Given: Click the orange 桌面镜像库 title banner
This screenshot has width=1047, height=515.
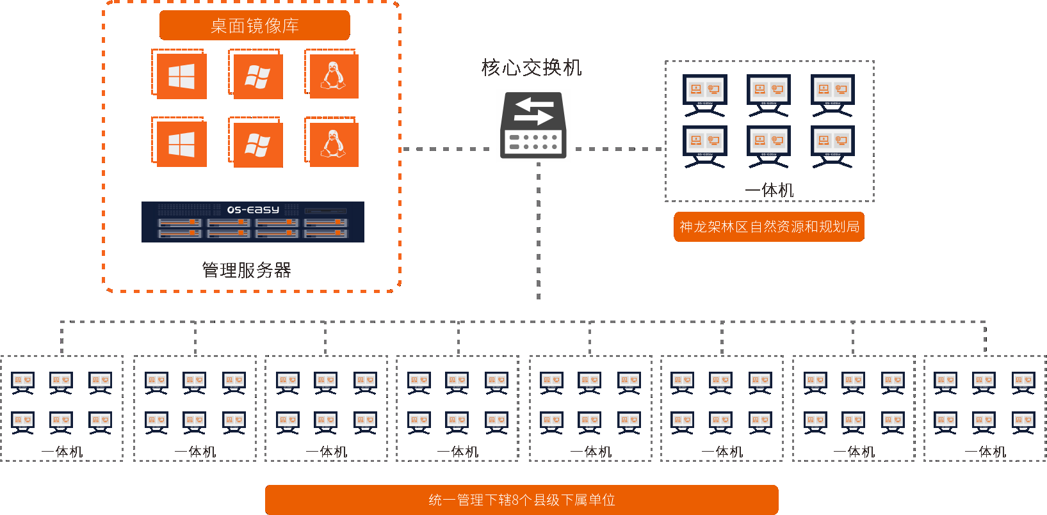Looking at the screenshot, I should click(254, 26).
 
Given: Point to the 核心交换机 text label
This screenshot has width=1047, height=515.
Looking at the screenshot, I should click(532, 67).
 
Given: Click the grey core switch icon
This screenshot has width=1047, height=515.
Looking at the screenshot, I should click(533, 125).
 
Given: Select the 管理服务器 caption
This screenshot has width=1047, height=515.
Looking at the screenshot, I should click(247, 270).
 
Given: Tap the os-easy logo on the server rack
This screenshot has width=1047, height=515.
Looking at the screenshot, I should click(253, 210).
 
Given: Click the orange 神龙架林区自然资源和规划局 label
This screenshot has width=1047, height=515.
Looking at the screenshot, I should click(768, 227).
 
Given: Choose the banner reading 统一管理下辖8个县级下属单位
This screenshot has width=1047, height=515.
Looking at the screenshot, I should click(521, 500).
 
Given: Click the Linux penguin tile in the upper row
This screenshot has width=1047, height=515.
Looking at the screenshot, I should click(333, 75).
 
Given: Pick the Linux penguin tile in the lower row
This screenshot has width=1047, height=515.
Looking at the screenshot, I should click(333, 143).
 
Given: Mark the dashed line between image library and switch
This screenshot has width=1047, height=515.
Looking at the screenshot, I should click(445, 149).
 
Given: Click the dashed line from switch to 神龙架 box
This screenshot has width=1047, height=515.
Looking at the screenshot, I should click(618, 149).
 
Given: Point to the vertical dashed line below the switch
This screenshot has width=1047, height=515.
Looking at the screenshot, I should click(539, 230).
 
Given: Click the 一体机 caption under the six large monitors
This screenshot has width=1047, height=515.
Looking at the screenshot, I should click(769, 190).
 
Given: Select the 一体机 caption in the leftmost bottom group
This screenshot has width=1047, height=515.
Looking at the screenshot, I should click(62, 452).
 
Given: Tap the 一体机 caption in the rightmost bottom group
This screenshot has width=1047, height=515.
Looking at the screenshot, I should click(986, 452).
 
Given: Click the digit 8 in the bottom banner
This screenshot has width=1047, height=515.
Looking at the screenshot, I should click(515, 500).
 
